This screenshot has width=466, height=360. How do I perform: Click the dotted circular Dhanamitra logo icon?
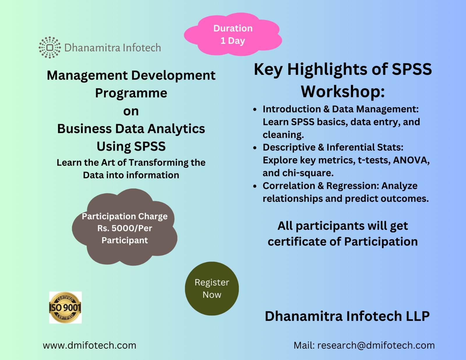50,47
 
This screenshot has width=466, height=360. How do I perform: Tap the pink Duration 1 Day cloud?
233,34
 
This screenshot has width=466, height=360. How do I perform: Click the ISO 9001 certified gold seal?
65,308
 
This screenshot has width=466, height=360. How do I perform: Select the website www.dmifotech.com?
89,345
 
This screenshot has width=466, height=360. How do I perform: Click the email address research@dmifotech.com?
376,345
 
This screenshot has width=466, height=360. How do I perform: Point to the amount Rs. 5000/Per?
125,228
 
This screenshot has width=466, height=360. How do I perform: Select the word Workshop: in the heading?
343,91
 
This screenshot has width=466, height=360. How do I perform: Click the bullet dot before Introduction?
255,110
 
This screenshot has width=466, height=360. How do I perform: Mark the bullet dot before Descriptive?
255,148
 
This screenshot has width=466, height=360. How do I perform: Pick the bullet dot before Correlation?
255,186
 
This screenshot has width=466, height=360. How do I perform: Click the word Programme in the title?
131,93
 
